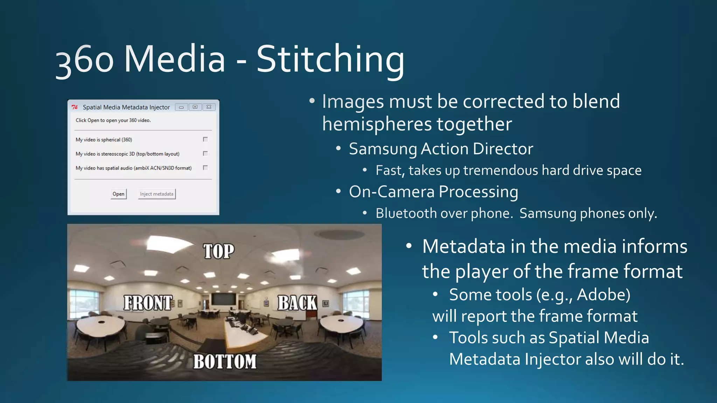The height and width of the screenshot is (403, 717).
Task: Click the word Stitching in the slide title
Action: point(330,59)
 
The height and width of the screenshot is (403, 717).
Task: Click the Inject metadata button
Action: point(156,194)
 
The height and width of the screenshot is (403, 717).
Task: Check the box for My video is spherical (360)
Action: point(206,139)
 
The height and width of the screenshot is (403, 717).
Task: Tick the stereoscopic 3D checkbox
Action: point(206,153)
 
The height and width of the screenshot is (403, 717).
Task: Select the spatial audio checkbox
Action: point(206,168)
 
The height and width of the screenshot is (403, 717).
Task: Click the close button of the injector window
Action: point(209,107)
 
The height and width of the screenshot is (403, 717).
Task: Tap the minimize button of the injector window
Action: point(181,107)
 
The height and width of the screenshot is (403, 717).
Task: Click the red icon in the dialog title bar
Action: point(75,107)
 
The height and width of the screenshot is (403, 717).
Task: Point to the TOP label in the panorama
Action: point(219,251)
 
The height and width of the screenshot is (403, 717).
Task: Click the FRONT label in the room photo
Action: point(148,303)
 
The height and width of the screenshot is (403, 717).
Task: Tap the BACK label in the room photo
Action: point(297,303)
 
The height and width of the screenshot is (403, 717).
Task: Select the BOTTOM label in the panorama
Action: point(225,362)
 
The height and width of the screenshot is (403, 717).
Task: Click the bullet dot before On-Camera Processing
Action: point(338,191)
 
